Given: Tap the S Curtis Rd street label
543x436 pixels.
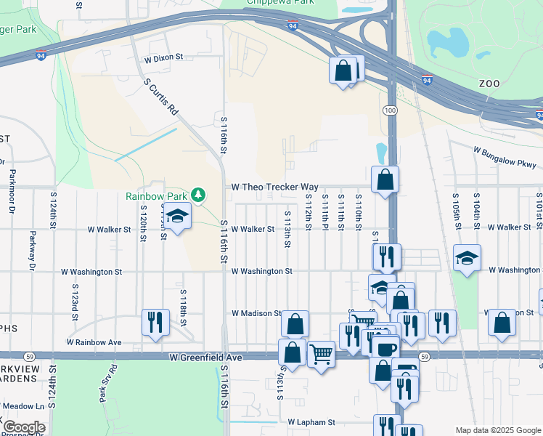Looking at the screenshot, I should pos(160,98).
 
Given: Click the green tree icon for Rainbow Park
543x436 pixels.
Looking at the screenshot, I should pos(197,195).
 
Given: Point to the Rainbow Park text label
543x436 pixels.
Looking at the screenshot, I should pos(156,195).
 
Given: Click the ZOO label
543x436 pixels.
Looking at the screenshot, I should pos(489,84).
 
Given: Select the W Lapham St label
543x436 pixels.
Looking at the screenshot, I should pos(311,421).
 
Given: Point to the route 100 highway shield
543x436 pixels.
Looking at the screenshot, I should pos(391,110).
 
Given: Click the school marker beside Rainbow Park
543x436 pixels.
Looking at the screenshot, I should pos(176,216).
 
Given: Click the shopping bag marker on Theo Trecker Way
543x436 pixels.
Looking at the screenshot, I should pos(385,179).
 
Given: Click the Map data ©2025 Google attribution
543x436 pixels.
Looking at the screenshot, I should pos(497,430).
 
